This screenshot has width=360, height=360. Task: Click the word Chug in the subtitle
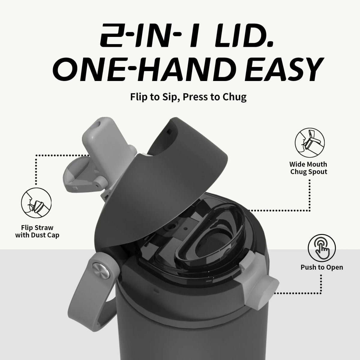[x=234, y=97]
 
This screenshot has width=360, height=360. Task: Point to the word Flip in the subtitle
[x=138, y=97]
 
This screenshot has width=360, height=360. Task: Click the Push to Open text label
[x=322, y=267]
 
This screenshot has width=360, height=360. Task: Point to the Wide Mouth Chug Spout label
[x=308, y=168]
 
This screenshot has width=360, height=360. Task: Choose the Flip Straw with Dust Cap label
[x=37, y=231]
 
